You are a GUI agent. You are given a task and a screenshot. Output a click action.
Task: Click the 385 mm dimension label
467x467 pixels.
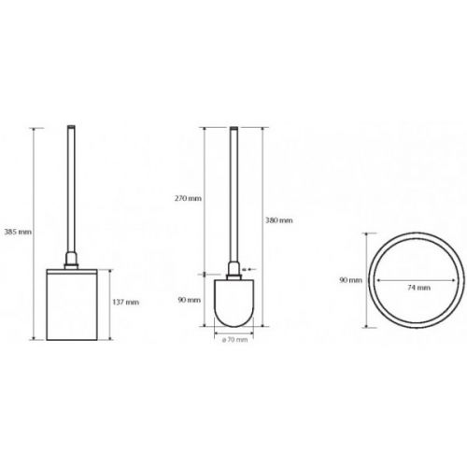click(x=18, y=232)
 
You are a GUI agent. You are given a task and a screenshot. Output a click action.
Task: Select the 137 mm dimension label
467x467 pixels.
click(x=126, y=303)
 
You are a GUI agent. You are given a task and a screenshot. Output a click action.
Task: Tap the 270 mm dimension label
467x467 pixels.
click(x=188, y=198)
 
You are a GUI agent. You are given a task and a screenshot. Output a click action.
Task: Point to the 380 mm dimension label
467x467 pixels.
click(x=279, y=220)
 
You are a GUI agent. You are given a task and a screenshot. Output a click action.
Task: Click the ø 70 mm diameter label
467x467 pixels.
click(x=234, y=340)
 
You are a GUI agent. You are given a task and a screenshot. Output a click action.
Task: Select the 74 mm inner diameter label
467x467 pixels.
click(x=419, y=288)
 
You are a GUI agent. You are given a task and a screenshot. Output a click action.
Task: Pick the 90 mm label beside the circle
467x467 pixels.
click(x=351, y=280)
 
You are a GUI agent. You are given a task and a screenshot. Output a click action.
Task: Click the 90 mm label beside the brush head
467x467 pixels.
click(x=190, y=300)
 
